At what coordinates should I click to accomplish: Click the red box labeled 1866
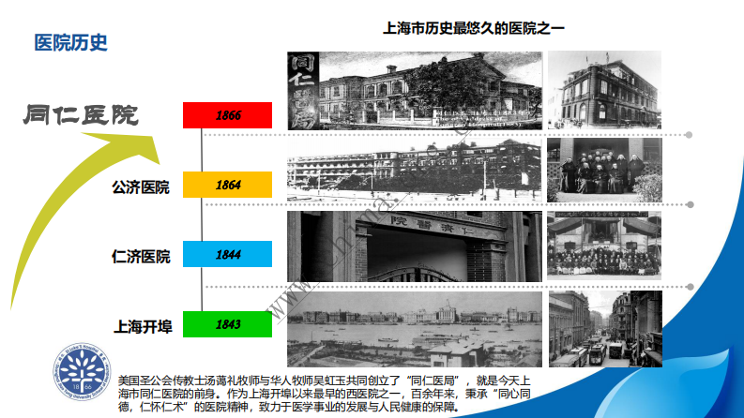pos(227,115)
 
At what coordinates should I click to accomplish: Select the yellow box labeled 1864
pos(227,185)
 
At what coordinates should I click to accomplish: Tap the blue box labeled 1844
pos(227,254)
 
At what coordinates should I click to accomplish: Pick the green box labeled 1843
pos(227,324)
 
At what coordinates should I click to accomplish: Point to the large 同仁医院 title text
pos(82,115)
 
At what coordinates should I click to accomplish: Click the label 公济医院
pos(141,187)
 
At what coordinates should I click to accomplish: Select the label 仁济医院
pos(141,256)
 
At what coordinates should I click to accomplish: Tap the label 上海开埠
pos(141,326)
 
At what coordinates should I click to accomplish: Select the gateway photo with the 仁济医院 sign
pos(414,246)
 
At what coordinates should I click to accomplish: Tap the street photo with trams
pos(604,329)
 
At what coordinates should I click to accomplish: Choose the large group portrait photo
pos(604,246)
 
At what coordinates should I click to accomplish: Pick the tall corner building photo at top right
pos(604,90)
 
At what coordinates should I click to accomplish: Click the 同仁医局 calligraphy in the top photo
pos(303,90)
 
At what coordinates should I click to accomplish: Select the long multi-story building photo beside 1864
pos(414,168)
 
